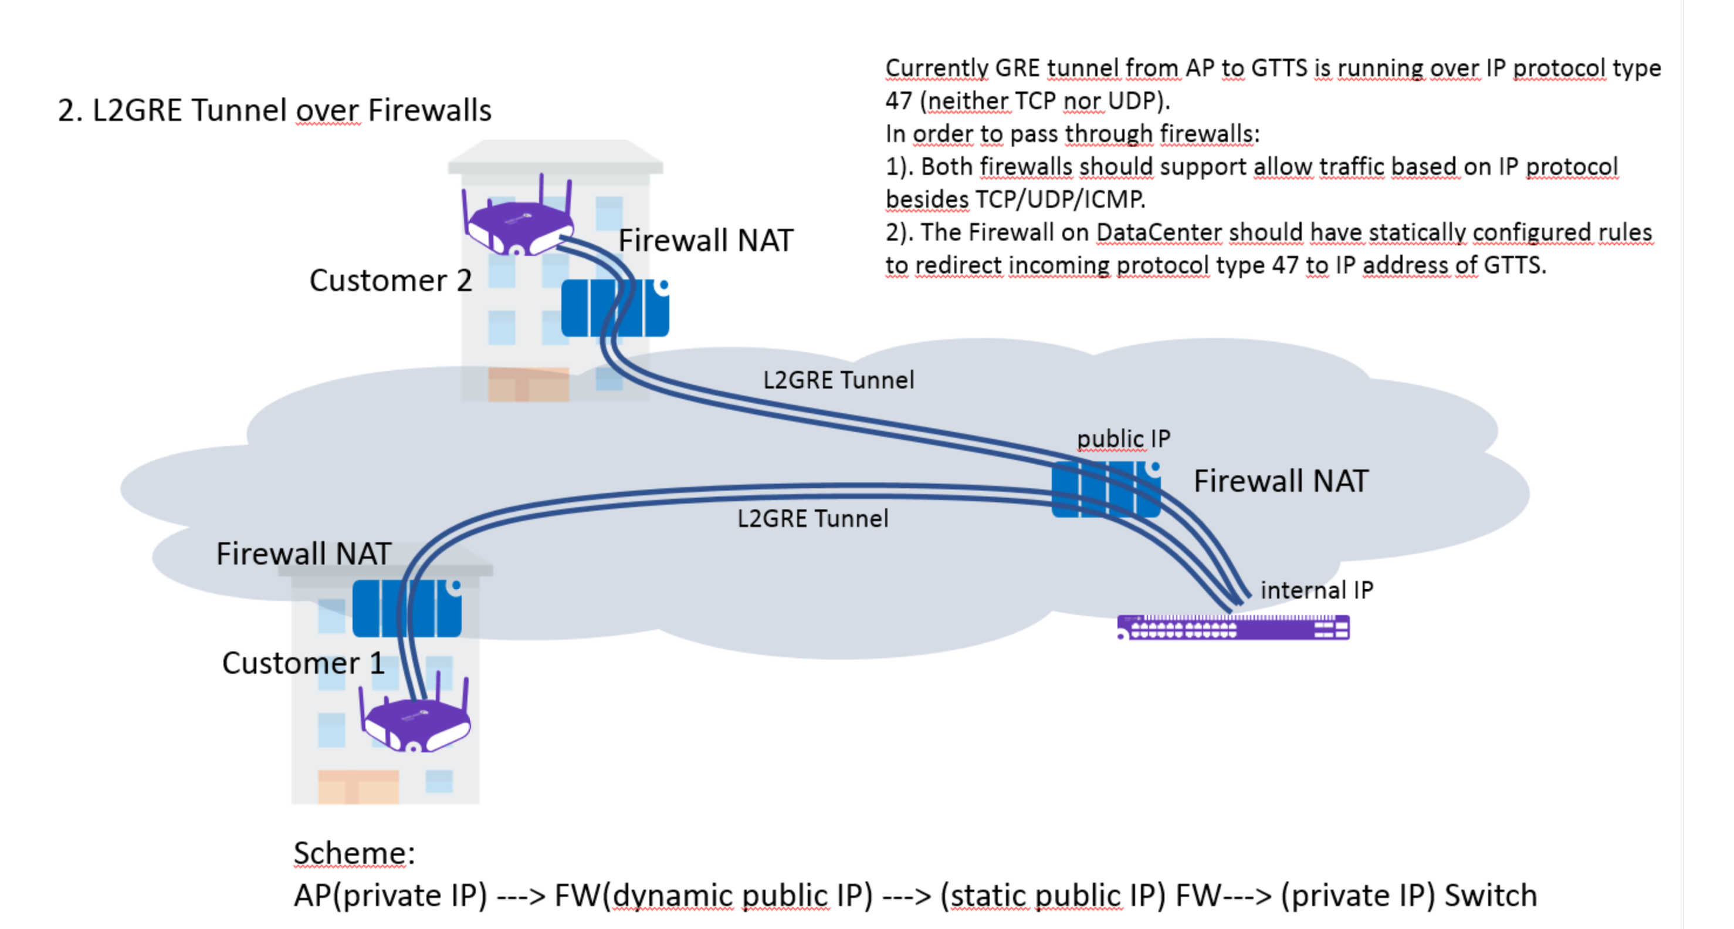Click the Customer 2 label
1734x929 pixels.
391,281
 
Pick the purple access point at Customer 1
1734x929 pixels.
415,724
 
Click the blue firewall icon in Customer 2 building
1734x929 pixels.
615,308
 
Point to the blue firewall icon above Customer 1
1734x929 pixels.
407,609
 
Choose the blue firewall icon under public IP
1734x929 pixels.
1105,489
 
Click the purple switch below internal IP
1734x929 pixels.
1233,627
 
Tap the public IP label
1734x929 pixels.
1123,439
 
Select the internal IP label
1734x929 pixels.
1316,590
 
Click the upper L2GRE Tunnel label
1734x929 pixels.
839,380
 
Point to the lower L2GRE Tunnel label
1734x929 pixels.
812,519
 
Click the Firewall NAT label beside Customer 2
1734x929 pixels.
706,241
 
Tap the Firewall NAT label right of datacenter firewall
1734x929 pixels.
1281,481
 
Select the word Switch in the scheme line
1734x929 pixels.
1491,896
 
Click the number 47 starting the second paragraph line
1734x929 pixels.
899,101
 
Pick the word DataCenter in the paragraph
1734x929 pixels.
1159,232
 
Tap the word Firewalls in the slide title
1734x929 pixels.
429,110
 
